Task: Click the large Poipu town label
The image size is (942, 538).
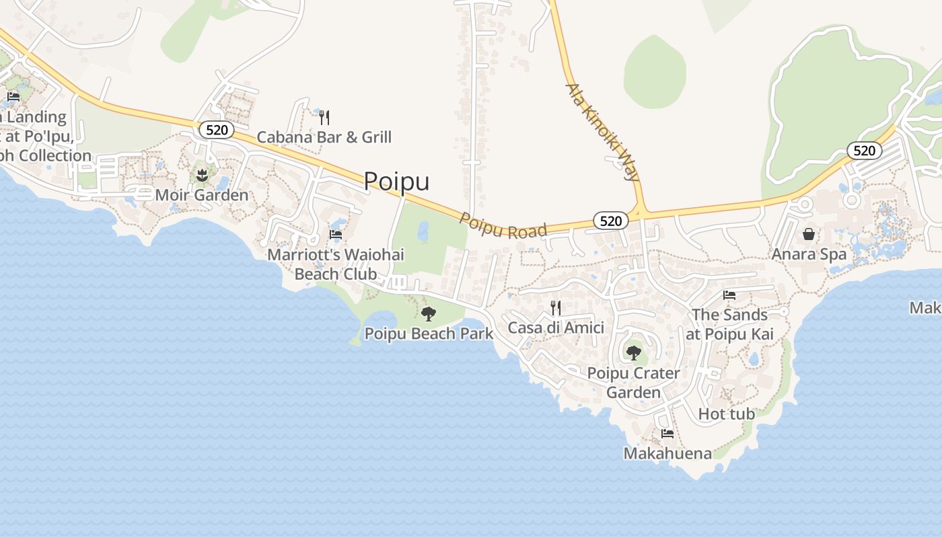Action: [x=396, y=182]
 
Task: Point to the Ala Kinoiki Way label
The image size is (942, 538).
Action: [x=602, y=132]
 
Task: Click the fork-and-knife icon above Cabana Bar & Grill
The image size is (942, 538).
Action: [x=324, y=118]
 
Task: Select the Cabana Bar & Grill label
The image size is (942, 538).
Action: [x=324, y=138]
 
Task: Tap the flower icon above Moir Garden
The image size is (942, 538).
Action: [x=201, y=176]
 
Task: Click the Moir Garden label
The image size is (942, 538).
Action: [x=201, y=196]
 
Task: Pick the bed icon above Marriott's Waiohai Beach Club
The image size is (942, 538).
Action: [x=336, y=235]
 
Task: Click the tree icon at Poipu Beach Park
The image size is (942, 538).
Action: [x=429, y=313]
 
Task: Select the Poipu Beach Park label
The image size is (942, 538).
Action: [x=429, y=334]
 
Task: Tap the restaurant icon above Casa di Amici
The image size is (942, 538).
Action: [x=556, y=308]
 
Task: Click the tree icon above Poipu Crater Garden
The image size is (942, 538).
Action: [x=633, y=352]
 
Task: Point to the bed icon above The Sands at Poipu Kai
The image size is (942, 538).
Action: [x=729, y=295]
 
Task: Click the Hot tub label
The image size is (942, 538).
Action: [x=727, y=414]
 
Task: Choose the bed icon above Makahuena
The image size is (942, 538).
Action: [x=667, y=434]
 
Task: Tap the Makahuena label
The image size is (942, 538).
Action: [x=667, y=454]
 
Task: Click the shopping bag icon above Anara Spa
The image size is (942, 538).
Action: [x=809, y=234]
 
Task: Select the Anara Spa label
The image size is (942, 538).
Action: [x=809, y=255]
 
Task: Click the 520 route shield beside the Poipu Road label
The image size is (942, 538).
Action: [x=611, y=221]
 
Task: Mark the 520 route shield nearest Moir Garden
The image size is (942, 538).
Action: [x=217, y=130]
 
